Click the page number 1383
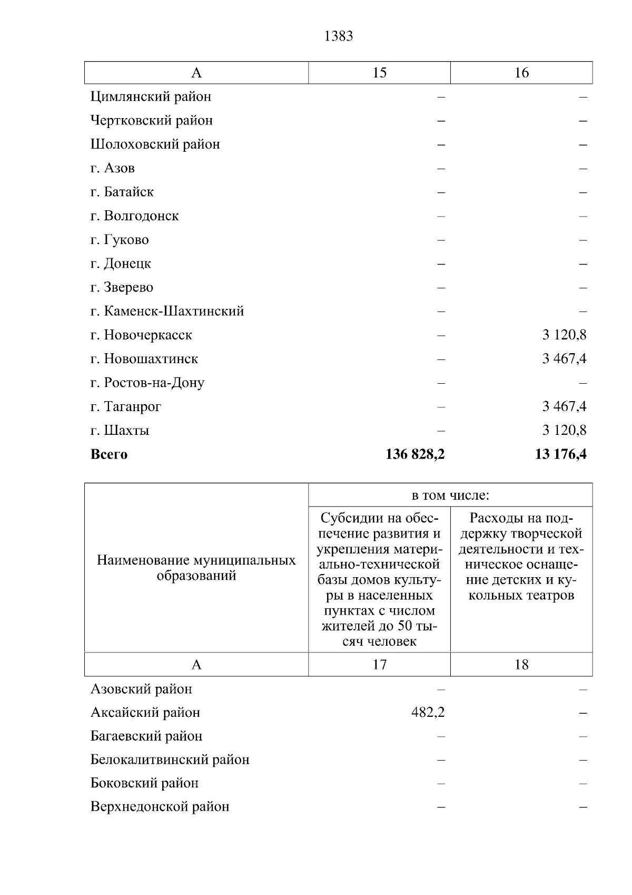click(339, 36)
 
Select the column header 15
click(379, 73)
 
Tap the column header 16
click(521, 73)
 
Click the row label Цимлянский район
click(151, 97)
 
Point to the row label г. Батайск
click(122, 192)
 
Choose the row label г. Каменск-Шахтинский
click(167, 311)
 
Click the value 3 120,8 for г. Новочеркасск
click(564, 335)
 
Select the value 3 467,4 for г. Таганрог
click(564, 406)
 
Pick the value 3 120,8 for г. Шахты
click(564, 430)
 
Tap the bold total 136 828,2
click(415, 454)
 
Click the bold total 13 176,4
click(560, 454)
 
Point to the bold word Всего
click(109, 454)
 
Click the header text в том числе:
click(450, 495)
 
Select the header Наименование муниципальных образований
click(196, 568)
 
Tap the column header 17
click(379, 665)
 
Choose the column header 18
click(521, 665)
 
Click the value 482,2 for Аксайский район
click(428, 713)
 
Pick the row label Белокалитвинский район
click(170, 760)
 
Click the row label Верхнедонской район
click(160, 807)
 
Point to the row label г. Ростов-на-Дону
click(147, 383)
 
